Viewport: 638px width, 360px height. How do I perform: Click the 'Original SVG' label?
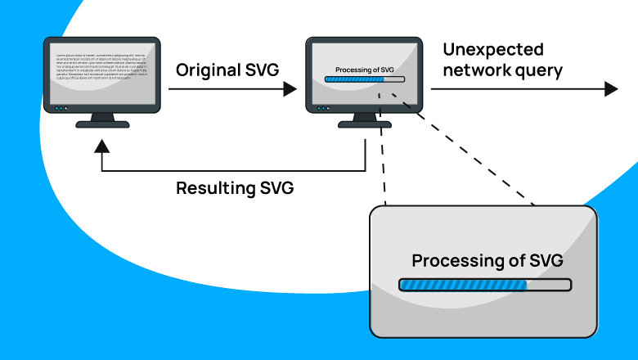tap(227, 70)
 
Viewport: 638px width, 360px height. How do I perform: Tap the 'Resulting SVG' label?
tap(235, 188)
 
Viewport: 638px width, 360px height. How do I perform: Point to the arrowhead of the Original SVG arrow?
tap(289, 89)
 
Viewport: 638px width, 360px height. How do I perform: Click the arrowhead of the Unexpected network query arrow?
tap(611, 89)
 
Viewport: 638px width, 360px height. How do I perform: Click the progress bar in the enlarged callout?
tap(484, 286)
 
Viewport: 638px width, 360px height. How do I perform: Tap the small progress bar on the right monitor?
tap(364, 79)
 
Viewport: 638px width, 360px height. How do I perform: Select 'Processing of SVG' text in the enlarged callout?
tap(487, 262)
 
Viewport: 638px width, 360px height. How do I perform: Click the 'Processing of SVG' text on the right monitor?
tap(364, 70)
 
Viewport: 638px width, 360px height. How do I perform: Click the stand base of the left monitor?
tap(101, 124)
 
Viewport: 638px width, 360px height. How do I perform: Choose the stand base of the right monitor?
tap(365, 124)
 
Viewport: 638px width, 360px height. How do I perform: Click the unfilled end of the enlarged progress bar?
tap(548, 286)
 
